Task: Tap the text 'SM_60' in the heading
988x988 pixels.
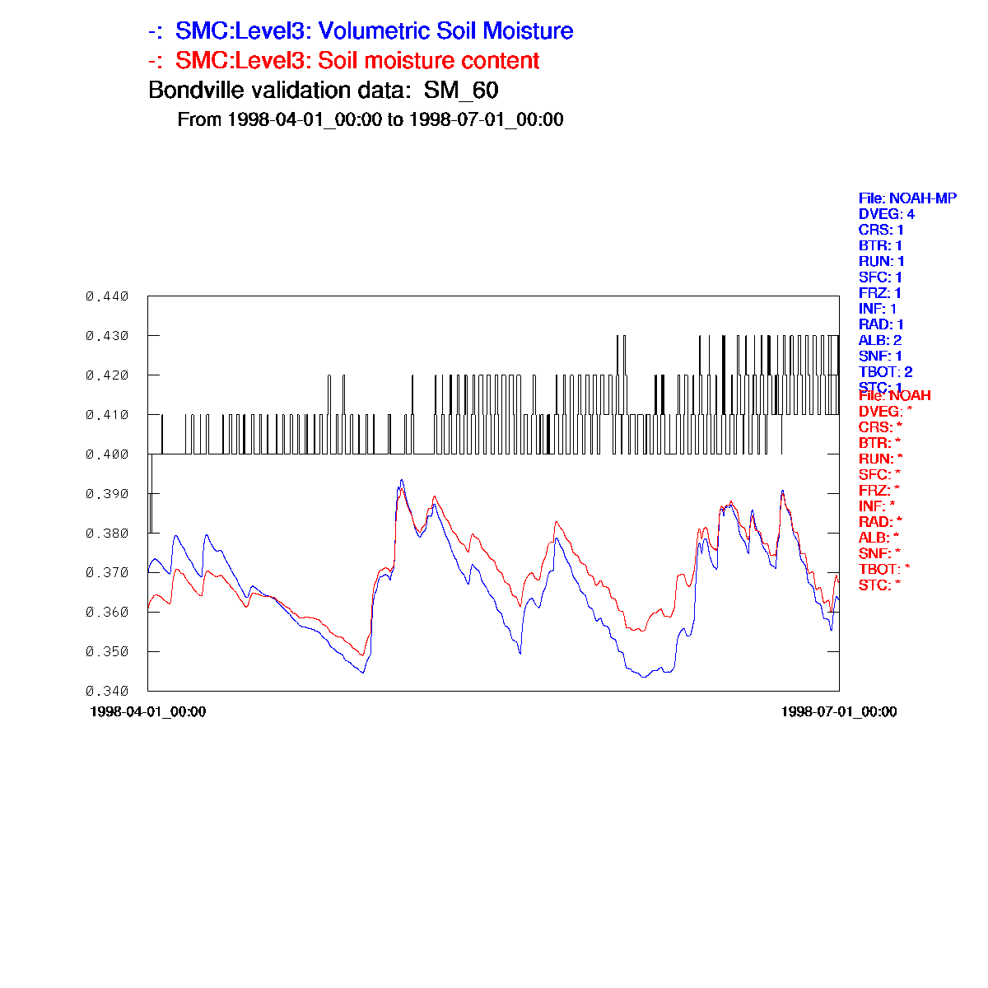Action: tap(461, 90)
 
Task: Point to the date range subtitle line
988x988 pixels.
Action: tap(370, 119)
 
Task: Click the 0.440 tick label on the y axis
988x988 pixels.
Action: tap(107, 296)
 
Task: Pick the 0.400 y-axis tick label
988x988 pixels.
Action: tap(107, 454)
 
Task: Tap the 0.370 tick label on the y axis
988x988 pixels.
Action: tap(107, 573)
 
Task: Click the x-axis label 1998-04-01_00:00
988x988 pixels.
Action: tap(148, 711)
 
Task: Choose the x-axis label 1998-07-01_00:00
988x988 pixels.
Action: tap(839, 711)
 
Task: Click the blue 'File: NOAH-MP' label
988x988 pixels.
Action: tap(907, 198)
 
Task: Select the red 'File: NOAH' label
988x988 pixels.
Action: tap(894, 396)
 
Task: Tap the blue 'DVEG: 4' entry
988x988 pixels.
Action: tap(887, 214)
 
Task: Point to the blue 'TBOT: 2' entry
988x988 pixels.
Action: tap(885, 372)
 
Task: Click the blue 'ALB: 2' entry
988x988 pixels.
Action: tap(880, 340)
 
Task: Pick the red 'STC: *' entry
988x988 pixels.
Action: tap(879, 585)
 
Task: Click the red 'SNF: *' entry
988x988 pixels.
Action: tap(879, 553)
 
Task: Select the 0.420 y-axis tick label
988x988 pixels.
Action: tap(107, 375)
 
